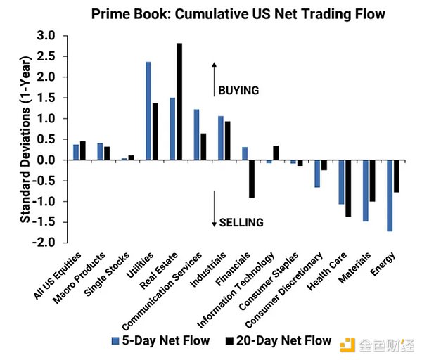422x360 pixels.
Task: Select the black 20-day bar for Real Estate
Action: [179, 102]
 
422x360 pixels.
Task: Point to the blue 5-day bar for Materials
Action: [366, 191]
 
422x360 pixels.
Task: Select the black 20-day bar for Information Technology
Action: [276, 153]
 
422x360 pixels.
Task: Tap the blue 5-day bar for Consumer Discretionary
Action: [317, 174]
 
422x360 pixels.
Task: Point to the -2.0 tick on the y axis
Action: [45, 243]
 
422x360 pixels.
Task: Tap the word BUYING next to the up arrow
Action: [238, 90]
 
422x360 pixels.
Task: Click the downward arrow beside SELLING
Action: [215, 208]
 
